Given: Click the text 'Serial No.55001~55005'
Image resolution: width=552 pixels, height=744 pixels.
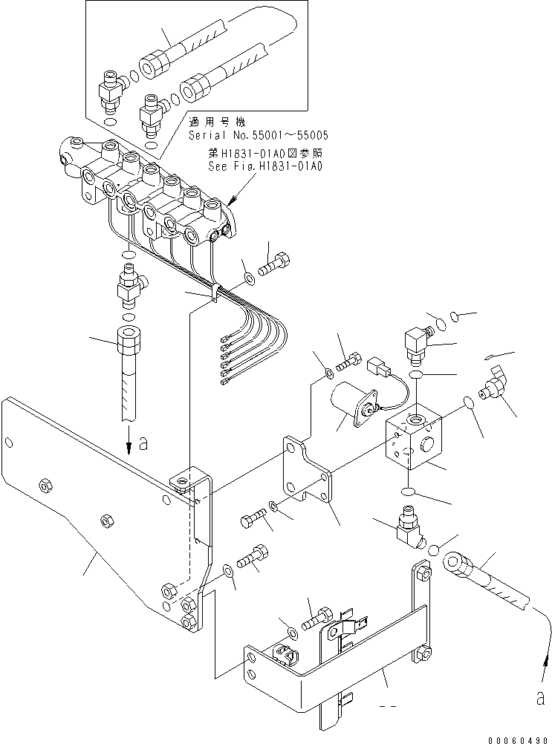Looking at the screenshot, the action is point(259,135).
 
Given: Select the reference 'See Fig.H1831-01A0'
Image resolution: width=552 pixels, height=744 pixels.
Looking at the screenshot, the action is point(265,166).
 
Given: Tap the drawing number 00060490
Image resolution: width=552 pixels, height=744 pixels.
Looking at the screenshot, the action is point(517,740).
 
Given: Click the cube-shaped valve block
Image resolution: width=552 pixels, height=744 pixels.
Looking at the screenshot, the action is point(414,436).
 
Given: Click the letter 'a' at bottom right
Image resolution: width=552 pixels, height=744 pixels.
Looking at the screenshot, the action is point(540,698).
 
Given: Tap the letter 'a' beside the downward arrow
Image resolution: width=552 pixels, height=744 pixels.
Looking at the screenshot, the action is point(143,443).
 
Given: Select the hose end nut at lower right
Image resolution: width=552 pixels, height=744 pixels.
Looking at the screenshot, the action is point(457,564).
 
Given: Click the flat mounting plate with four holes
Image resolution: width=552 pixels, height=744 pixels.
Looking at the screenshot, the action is point(308,470).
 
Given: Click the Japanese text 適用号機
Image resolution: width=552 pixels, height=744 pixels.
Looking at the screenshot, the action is point(217,122).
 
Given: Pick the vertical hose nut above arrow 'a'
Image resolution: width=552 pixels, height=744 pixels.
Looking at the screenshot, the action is point(128,340).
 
